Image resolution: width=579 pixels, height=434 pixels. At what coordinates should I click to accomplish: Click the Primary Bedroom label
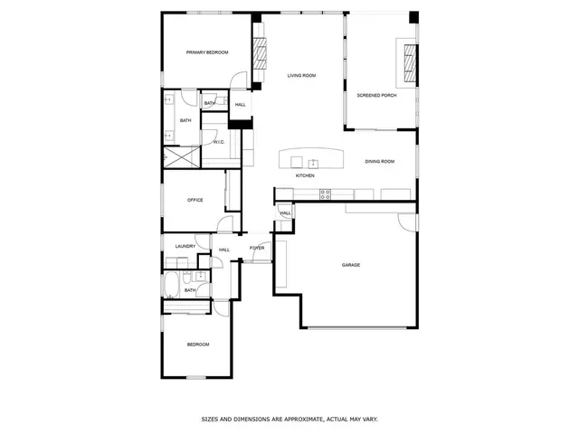[x=207, y=52]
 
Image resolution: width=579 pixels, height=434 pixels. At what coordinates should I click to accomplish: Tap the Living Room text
[x=301, y=75]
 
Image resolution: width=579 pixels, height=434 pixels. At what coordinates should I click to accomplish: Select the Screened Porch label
[x=376, y=94]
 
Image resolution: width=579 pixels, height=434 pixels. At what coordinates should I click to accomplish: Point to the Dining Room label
[x=380, y=161]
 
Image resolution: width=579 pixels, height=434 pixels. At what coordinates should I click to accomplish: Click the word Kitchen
[x=305, y=175]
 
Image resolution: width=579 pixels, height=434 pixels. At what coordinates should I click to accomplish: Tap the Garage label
[x=351, y=265]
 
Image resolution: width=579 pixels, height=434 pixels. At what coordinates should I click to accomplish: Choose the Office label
[x=195, y=200]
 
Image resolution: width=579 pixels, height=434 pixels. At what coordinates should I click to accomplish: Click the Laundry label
[x=186, y=246]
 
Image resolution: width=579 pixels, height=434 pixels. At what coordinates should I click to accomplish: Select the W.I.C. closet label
[x=219, y=142]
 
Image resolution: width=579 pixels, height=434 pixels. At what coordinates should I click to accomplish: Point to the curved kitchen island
[x=311, y=158]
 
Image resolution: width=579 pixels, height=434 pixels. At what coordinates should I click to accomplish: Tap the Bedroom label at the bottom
[x=198, y=344]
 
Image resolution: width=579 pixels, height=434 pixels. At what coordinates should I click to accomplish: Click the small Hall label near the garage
[x=285, y=213]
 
